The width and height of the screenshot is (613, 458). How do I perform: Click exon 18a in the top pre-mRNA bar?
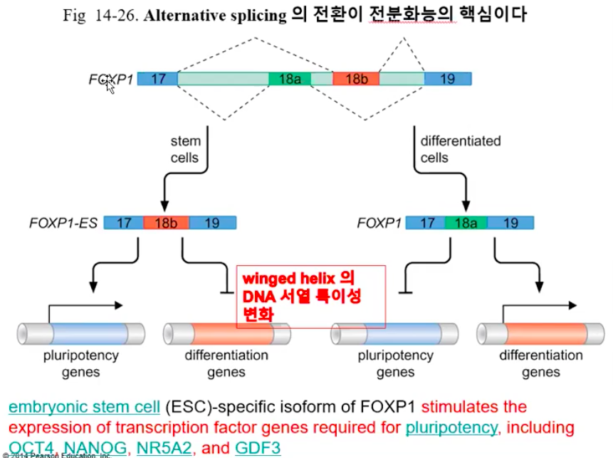[x=290, y=79]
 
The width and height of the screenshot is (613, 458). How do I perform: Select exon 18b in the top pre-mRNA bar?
[x=355, y=79]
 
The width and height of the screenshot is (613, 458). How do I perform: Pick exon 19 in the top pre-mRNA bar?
[x=447, y=79]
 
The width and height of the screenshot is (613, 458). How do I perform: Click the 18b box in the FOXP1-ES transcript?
[x=166, y=223]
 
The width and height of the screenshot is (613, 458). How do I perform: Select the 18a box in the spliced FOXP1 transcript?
[x=466, y=223]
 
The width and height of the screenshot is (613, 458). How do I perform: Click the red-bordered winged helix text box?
[x=310, y=296]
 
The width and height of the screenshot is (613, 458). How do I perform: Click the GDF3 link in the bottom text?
[x=258, y=448]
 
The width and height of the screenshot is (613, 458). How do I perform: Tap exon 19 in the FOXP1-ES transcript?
[x=212, y=223]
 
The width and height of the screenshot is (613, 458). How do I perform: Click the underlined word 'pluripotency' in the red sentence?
[x=451, y=427]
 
